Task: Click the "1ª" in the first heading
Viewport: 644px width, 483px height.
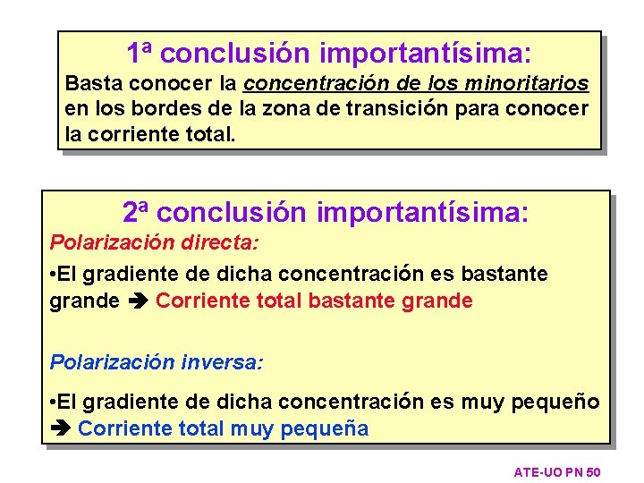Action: point(140,53)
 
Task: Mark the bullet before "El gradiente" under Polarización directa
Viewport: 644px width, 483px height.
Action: point(54,274)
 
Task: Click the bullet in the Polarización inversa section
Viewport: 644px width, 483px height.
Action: point(54,402)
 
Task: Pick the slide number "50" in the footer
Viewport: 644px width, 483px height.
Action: point(592,471)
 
